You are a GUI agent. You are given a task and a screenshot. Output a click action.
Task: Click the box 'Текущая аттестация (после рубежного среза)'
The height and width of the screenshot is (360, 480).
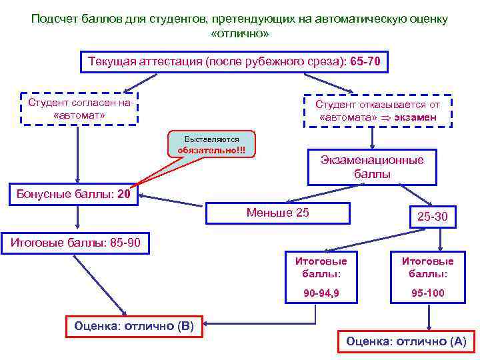tap(233, 62)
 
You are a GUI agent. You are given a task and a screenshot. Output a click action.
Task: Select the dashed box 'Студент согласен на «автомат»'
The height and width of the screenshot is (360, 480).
tap(79, 109)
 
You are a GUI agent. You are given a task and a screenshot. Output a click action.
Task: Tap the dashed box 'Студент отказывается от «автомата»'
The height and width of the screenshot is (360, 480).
tap(377, 111)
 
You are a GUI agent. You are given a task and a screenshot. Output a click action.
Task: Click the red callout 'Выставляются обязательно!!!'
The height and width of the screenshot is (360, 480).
tap(211, 144)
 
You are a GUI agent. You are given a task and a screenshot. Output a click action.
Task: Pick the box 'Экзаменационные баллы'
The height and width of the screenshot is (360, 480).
tap(372, 167)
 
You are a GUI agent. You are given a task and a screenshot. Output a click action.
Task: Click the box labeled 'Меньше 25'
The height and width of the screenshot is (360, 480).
tap(278, 213)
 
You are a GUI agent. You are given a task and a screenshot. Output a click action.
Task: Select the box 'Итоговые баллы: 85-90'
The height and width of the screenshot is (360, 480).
tap(75, 242)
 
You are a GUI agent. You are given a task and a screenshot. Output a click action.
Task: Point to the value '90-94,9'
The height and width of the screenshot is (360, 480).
tap(321, 293)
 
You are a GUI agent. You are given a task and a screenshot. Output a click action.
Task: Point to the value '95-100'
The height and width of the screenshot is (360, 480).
tap(427, 293)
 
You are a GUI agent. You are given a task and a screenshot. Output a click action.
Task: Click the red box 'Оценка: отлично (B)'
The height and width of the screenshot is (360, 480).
tap(134, 327)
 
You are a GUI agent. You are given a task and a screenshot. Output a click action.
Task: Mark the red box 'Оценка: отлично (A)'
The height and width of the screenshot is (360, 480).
tap(405, 341)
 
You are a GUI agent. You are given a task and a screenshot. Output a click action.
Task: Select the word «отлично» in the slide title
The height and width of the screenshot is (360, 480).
tap(239, 33)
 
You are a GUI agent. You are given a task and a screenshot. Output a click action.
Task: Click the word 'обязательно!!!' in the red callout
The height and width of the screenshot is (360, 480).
tap(211, 149)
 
